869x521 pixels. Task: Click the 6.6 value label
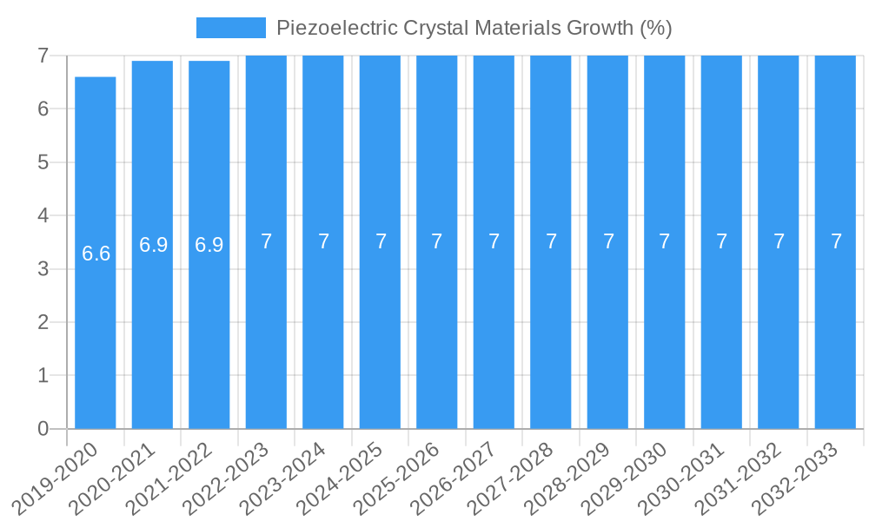[96, 254]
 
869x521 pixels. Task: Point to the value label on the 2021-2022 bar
[209, 245]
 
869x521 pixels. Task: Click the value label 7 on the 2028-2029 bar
[608, 241]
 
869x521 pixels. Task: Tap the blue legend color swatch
[230, 28]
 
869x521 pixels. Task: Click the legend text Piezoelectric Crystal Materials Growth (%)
[474, 28]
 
